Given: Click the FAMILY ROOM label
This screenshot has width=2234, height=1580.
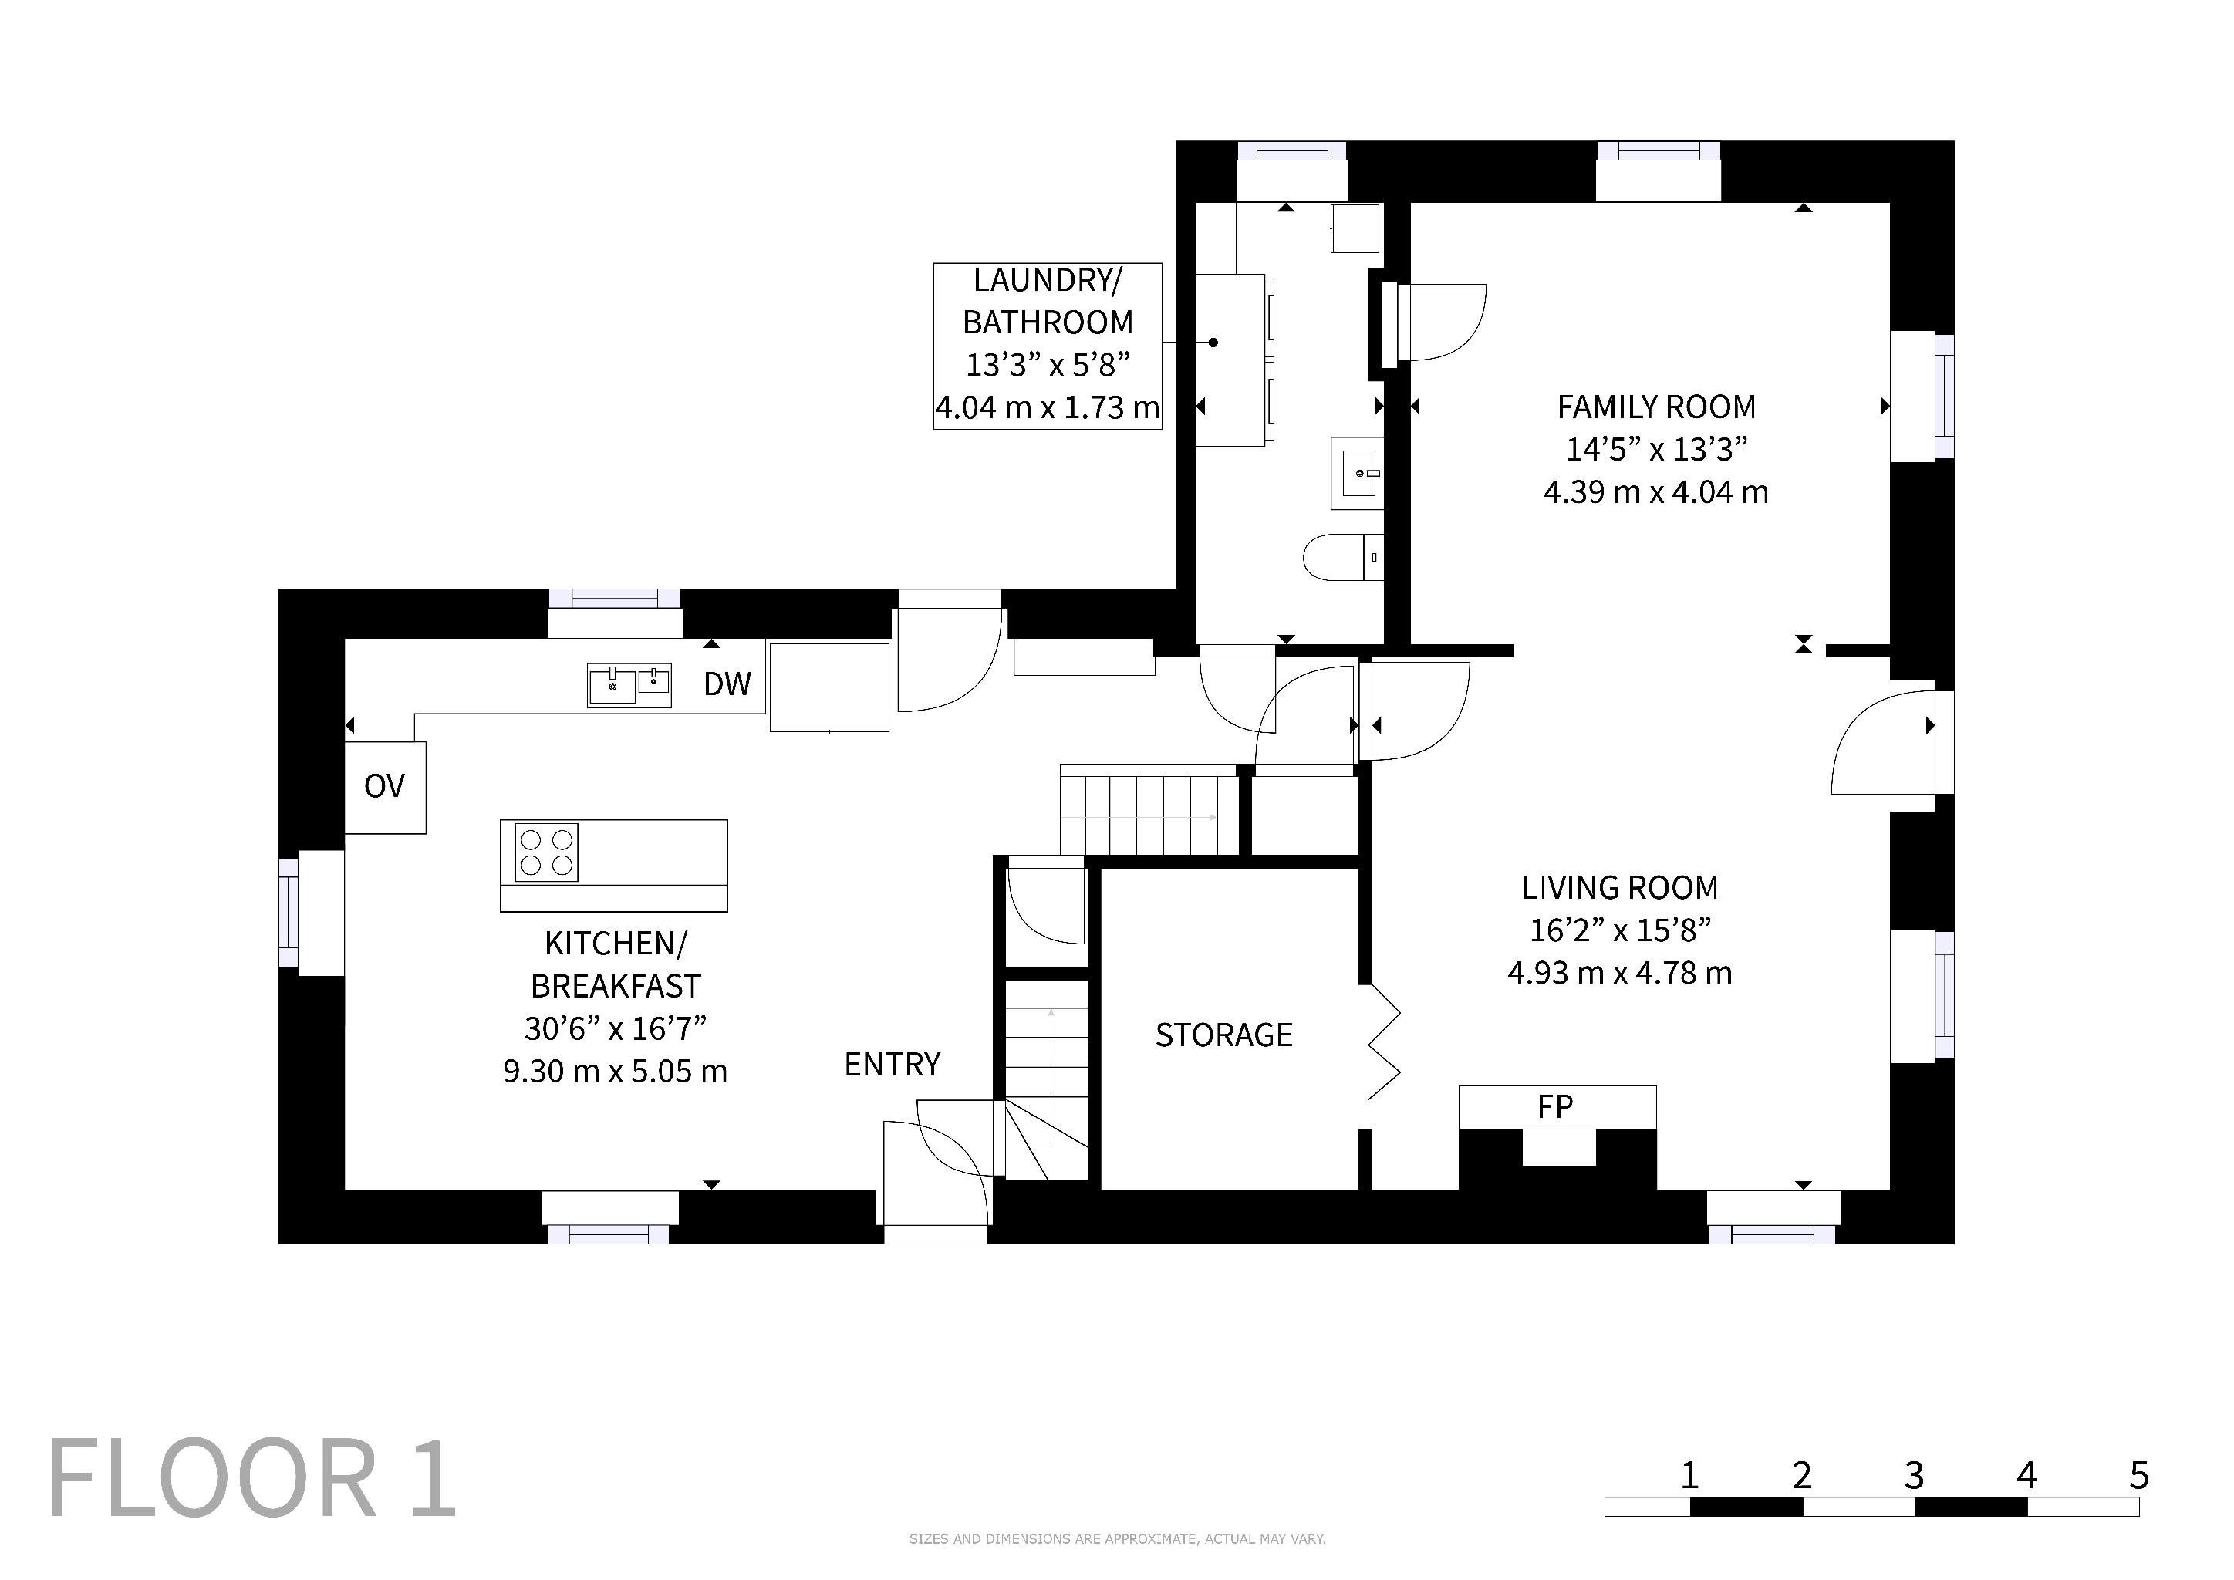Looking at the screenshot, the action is coord(1656,407).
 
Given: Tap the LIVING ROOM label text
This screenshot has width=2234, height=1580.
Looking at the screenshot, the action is coord(1620,887).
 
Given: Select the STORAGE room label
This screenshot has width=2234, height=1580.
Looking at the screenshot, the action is coord(1224,1035).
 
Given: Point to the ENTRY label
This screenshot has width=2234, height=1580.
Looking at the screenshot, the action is coord(893,1065).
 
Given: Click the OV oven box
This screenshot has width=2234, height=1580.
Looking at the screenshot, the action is coord(385,787).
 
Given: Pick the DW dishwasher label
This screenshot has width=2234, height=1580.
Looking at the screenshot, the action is coord(727,684).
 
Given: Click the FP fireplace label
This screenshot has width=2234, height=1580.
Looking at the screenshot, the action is coord(1555,1106).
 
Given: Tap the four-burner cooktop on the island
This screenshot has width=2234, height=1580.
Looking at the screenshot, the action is coord(546,852).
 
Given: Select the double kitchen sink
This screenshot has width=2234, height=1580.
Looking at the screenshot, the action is coord(629,685).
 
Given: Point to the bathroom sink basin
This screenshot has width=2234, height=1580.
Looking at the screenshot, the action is coord(1358,473).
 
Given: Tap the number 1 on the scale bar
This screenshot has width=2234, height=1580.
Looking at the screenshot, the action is coord(1690,1476).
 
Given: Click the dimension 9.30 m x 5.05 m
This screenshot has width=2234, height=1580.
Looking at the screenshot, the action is coord(615,1071).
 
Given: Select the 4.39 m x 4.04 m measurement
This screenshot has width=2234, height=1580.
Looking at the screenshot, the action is coord(1656,492).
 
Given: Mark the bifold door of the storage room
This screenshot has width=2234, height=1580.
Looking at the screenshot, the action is coord(1384,1042).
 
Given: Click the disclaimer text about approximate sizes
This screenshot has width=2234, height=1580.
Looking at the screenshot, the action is coord(1117,1539).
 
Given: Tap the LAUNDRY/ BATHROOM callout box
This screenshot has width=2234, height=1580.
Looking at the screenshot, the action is coord(1048,346).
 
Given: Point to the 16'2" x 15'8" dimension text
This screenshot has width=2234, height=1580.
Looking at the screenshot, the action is coord(1620,930).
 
